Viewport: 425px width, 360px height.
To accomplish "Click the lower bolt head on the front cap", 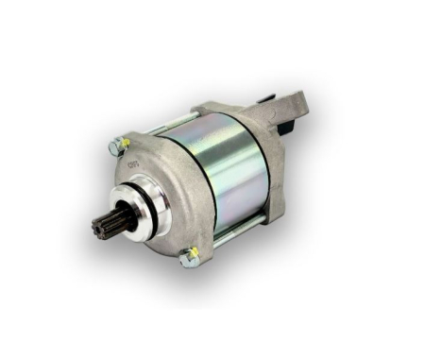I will [x=190, y=255].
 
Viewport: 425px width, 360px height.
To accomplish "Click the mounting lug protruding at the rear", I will [x=297, y=105].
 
